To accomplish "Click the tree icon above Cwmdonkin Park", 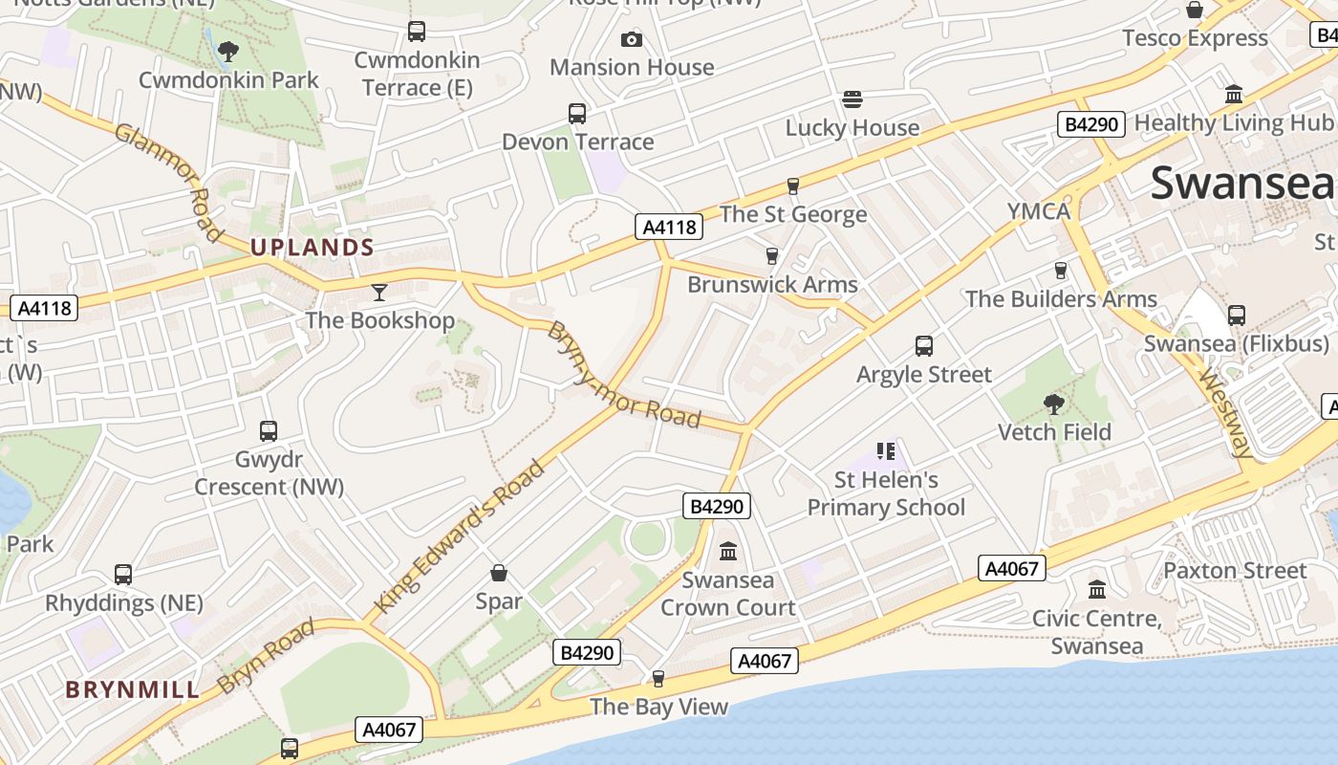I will [227, 51].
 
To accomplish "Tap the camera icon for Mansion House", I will [631, 39].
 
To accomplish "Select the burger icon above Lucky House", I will [852, 99].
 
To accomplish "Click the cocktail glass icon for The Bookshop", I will [380, 292].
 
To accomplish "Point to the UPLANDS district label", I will [312, 248].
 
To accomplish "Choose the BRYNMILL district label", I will [133, 689].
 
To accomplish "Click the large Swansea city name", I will [1241, 182].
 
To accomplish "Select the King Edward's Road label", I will [461, 536].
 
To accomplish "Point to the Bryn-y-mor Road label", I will [624, 375].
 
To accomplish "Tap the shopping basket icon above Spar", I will [498, 573].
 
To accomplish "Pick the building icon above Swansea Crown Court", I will [728, 552].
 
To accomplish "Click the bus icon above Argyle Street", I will [923, 346].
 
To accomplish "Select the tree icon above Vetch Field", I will [1054, 404].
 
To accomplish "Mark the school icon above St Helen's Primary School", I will [886, 450].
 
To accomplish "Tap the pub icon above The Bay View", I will [658, 679].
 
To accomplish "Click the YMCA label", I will [1039, 211].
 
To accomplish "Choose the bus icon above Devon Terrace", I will [577, 114].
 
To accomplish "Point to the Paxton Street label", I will [1234, 571].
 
